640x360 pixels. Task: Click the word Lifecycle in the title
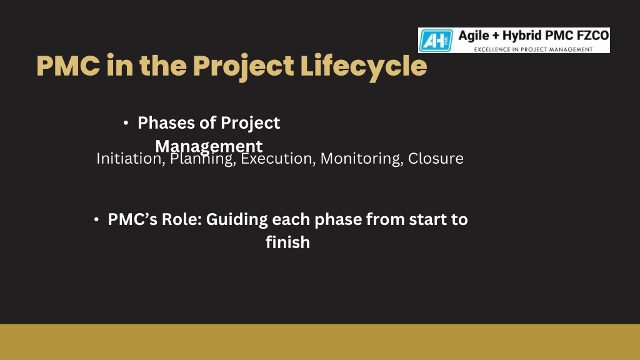(364, 66)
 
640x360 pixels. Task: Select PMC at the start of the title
(68, 66)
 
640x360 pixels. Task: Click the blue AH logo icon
(436, 41)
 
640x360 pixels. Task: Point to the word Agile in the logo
(474, 36)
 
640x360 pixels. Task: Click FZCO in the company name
(592, 36)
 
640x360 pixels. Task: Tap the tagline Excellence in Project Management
(533, 49)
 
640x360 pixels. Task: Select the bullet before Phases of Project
(126, 123)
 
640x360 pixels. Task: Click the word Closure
(436, 158)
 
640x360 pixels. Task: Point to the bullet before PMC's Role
(96, 219)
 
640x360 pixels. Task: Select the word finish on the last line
(287, 242)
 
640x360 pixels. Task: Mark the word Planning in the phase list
(203, 158)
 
